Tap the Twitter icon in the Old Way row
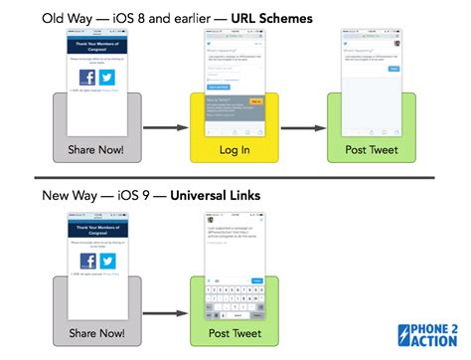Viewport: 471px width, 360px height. (106, 78)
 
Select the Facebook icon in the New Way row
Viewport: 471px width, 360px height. (86, 261)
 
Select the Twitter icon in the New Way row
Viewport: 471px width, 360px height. (107, 261)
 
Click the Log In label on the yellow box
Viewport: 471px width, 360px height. (234, 149)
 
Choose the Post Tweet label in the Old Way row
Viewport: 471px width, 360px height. (371, 149)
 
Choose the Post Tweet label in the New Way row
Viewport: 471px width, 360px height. (234, 333)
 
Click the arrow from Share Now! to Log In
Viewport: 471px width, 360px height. (165, 127)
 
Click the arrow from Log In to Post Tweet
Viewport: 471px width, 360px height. (302, 127)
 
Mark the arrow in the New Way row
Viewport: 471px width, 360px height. (165, 310)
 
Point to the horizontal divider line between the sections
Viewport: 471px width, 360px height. (235, 177)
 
